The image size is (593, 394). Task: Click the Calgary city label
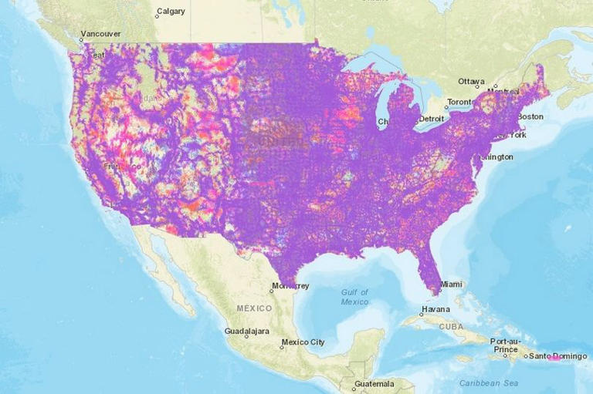tap(171, 12)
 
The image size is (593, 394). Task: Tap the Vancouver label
tap(102, 34)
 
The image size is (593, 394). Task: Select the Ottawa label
tap(471, 81)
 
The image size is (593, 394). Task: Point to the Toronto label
tap(459, 102)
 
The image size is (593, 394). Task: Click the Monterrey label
tap(291, 286)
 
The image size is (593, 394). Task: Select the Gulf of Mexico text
tap(355, 297)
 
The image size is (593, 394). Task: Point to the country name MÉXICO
tap(254, 308)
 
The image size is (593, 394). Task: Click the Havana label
tap(434, 310)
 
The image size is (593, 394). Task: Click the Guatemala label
tap(374, 383)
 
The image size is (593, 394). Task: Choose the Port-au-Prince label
tap(506, 344)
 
